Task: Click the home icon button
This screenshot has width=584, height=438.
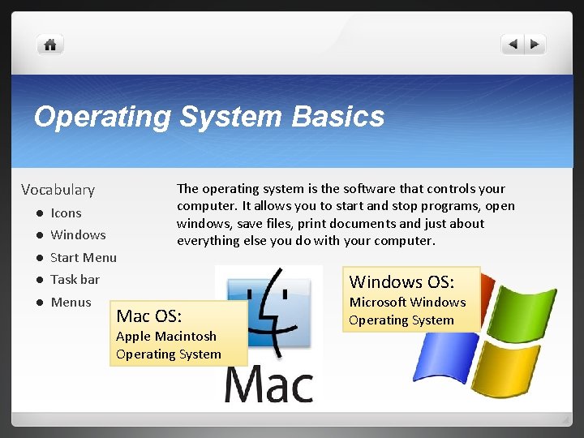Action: tap(50, 45)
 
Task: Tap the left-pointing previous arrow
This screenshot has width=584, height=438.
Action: tap(513, 45)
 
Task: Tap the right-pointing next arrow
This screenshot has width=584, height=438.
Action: tap(535, 45)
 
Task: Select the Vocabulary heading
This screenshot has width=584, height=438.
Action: tap(58, 190)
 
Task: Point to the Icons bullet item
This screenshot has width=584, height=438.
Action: tap(66, 213)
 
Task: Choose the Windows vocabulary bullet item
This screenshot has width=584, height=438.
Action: tap(78, 235)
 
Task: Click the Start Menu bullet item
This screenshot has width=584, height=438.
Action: tap(84, 258)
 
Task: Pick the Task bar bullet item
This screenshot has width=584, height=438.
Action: tap(75, 280)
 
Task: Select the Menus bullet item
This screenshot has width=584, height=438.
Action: tap(71, 303)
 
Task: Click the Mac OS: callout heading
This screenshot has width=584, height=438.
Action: tap(149, 316)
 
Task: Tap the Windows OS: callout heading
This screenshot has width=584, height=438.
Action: tap(401, 282)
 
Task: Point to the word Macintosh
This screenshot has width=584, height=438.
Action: tap(186, 336)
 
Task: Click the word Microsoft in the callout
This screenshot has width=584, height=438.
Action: tap(378, 303)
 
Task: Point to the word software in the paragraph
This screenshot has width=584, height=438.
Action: tap(341, 189)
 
